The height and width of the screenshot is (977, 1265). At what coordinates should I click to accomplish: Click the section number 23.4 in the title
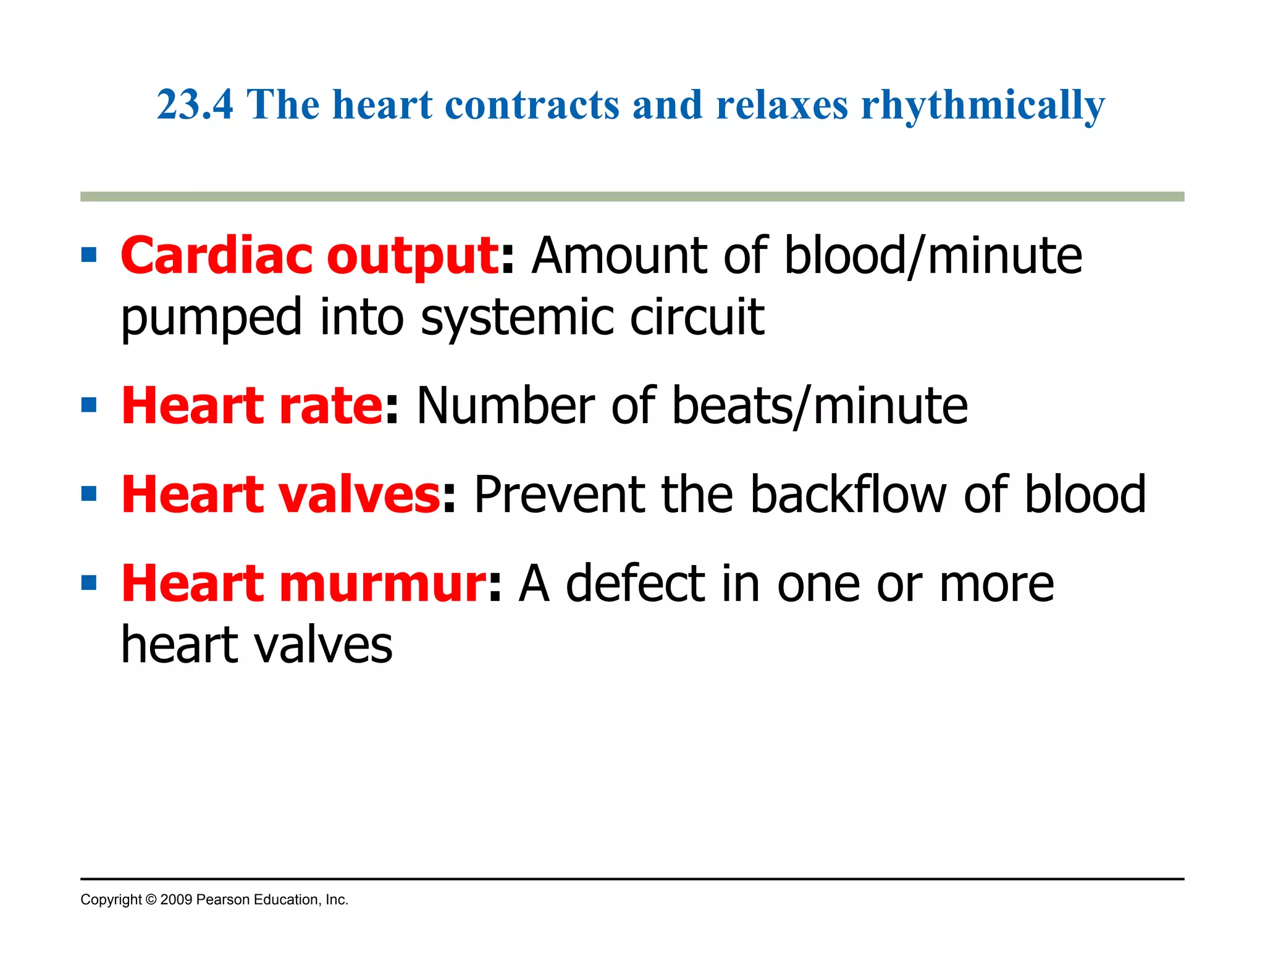pos(195,104)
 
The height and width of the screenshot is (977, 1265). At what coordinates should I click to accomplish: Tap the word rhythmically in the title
pos(983,106)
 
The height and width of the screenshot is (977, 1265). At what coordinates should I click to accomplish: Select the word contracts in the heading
pos(532,104)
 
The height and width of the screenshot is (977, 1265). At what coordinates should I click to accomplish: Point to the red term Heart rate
pos(252,406)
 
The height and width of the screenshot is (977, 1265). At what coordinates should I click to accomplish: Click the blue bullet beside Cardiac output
pos(89,255)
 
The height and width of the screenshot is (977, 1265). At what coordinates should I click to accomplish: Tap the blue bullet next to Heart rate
pos(89,405)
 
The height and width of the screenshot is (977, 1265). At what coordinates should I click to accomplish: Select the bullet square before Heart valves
pos(89,494)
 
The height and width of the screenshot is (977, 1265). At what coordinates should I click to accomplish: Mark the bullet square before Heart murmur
pos(89,583)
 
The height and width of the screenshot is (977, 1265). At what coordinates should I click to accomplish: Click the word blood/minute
pos(933,256)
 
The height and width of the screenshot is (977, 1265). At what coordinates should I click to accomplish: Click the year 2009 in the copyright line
pos(176,900)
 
